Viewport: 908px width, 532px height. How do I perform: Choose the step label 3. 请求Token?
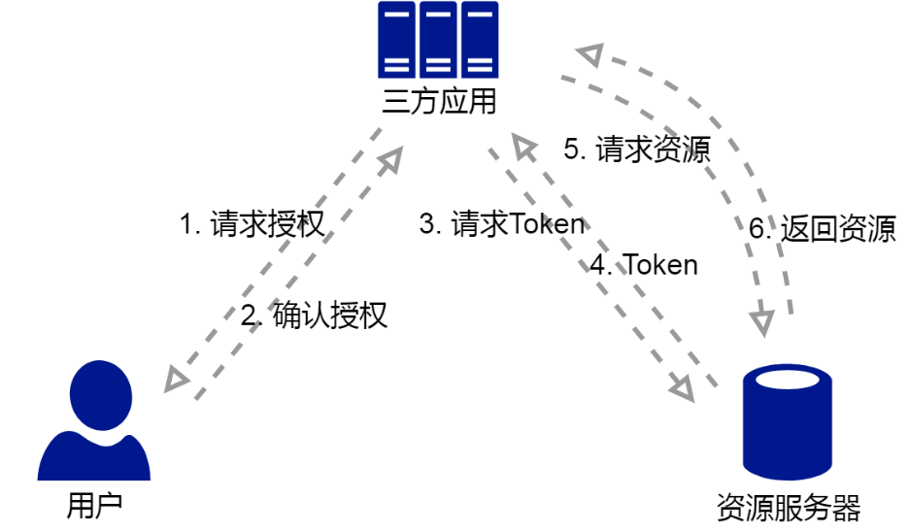(x=502, y=224)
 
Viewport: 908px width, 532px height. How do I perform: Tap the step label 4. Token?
(x=644, y=265)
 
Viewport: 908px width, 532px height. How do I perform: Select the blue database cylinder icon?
(x=788, y=422)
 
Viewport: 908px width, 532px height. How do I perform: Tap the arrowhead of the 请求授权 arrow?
(x=390, y=160)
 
